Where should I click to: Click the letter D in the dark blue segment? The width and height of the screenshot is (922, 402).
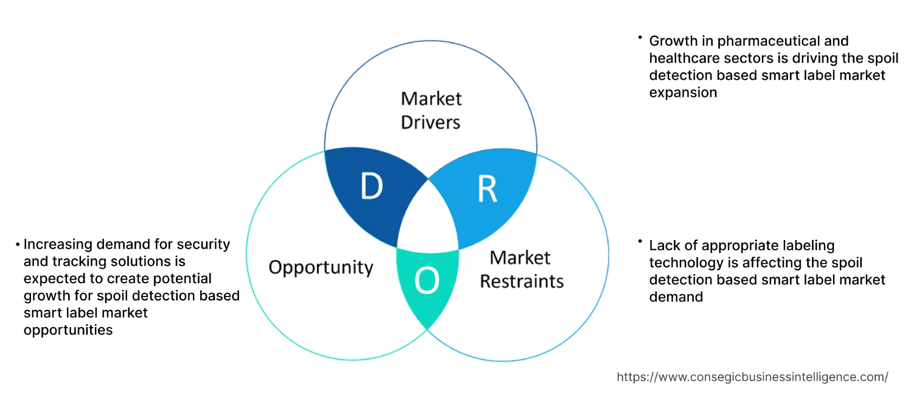click(371, 187)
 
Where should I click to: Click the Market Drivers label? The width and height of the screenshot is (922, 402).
click(431, 110)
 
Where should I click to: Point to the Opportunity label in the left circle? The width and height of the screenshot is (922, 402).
click(321, 267)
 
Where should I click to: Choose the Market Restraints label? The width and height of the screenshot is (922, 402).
click(522, 269)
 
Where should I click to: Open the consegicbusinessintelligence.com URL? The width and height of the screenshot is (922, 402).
click(752, 377)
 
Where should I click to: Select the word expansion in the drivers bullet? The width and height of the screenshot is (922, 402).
click(683, 93)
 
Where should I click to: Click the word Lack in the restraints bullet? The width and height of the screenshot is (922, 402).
click(664, 245)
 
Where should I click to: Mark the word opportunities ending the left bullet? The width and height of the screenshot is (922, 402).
click(68, 330)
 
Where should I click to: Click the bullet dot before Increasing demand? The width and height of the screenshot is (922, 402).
click(18, 244)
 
